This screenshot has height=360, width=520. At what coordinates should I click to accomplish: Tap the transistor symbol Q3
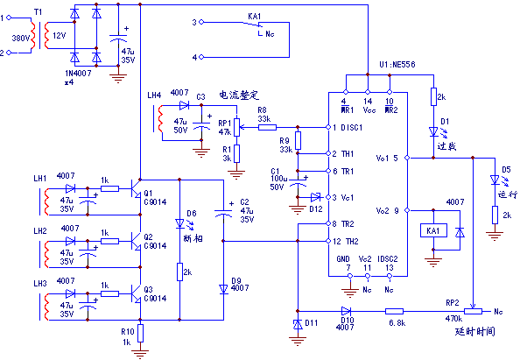pyautogui.click(x=135, y=292)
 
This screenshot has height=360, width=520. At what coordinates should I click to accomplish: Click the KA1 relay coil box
pyautogui.click(x=433, y=230)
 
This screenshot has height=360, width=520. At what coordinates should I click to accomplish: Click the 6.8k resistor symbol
pyautogui.click(x=395, y=311)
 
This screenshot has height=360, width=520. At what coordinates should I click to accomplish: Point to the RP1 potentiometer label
pyautogui.click(x=223, y=124)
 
